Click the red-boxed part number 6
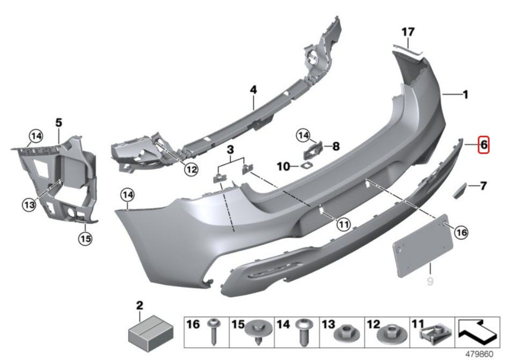483,144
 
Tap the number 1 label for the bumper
465,95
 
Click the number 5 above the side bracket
59,123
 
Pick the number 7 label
483,186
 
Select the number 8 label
336,145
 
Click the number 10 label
283,167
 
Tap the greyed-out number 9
429,281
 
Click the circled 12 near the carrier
191,170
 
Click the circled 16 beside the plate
461,232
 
